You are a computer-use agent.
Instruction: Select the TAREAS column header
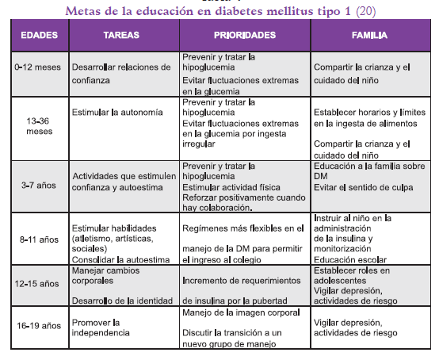(x=122, y=36)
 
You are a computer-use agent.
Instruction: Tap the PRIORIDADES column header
(x=245, y=36)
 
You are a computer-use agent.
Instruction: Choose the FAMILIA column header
(x=368, y=36)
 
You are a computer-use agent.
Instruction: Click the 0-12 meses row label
(x=33, y=68)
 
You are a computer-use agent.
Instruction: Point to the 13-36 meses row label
(x=33, y=126)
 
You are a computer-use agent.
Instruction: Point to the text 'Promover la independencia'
(x=101, y=327)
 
